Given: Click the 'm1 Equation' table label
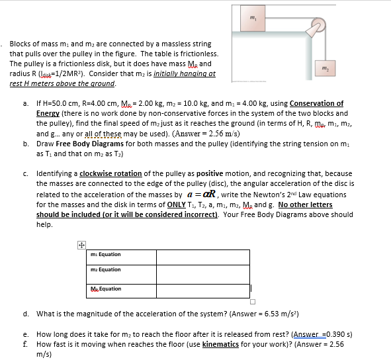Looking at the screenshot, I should point(106,254).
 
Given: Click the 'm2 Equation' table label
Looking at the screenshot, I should point(106,269).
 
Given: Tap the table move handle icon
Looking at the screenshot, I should point(81,244).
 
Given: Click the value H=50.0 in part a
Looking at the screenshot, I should point(62,103).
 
